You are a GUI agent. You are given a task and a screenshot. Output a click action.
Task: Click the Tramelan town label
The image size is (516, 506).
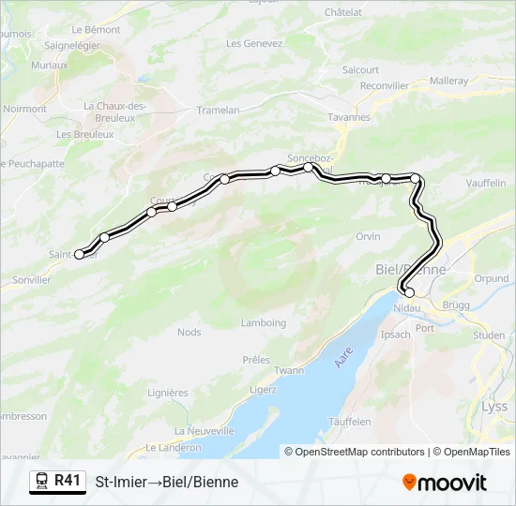click(x=218, y=111)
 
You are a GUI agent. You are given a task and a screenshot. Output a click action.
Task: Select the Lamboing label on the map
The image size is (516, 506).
click(x=263, y=323)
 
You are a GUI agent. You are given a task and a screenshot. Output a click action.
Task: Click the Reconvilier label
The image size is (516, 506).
click(x=385, y=85)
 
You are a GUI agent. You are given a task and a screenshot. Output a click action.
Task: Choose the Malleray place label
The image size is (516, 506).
click(x=448, y=81)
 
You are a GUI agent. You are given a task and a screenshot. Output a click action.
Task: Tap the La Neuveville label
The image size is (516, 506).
click(x=205, y=431)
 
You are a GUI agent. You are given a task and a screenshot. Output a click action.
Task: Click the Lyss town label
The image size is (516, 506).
click(x=493, y=407)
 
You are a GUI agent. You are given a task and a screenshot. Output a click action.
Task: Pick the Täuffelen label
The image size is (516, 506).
click(x=351, y=423)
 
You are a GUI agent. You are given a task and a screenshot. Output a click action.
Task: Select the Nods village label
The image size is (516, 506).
click(x=190, y=332)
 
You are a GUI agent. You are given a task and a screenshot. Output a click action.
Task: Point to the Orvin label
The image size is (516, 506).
click(x=368, y=237)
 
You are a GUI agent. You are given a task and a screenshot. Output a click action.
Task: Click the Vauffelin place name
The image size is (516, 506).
click(x=484, y=184)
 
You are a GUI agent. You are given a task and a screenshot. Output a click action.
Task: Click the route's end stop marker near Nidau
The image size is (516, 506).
click(x=409, y=293)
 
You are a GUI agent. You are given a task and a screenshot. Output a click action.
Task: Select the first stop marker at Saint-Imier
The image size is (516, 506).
click(x=80, y=254)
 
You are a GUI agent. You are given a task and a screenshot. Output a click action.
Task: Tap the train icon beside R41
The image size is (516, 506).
click(x=41, y=482)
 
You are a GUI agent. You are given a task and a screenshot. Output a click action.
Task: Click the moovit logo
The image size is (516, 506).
click(x=445, y=483)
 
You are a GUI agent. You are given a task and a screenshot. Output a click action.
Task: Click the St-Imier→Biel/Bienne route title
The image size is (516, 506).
click(x=167, y=483)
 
